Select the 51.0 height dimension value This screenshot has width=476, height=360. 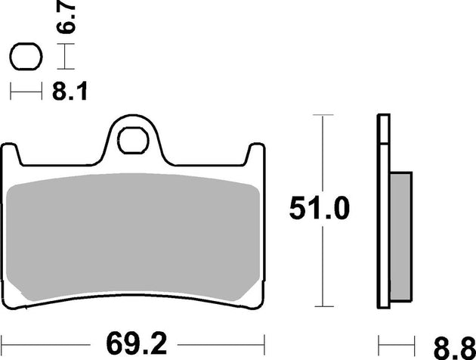320,209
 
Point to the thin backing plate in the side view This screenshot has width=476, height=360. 382,212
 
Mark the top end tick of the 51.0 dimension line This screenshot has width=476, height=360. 323,116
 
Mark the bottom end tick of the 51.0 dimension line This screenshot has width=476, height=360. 323,306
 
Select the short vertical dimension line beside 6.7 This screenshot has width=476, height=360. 66,57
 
